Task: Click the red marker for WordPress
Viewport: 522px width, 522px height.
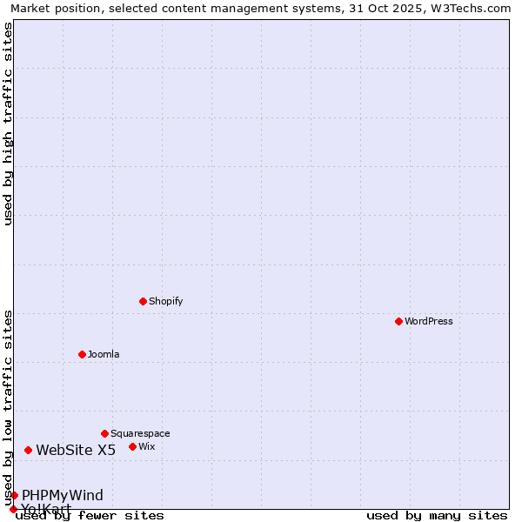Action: point(398,321)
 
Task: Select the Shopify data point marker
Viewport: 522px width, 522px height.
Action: point(143,301)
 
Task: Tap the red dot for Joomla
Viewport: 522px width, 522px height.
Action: point(82,354)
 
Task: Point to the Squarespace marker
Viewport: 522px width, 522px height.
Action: point(104,433)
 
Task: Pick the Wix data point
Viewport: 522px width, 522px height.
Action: point(132,446)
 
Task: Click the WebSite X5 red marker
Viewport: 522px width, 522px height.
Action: point(28,450)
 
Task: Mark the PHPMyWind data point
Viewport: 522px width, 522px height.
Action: point(14,495)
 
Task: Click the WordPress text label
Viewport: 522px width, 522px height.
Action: point(429,321)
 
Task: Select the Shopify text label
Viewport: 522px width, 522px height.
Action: point(165,301)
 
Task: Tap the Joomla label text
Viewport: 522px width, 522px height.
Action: point(104,354)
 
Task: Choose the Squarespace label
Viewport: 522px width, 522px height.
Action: point(140,433)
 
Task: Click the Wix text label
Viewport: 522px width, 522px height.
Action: point(146,446)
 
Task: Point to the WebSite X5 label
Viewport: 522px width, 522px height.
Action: point(76,450)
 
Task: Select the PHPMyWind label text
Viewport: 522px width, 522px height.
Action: point(63,495)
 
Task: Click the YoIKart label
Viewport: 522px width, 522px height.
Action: point(46,508)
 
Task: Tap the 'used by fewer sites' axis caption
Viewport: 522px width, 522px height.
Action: point(90,515)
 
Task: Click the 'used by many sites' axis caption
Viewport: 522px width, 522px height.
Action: point(437,515)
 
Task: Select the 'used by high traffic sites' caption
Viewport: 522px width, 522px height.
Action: point(8,124)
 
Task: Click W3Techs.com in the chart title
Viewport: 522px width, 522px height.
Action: point(467,8)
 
